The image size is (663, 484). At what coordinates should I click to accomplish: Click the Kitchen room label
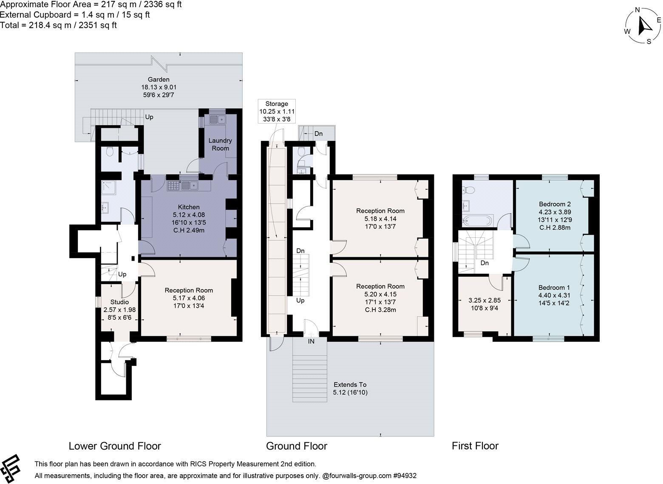(189, 207)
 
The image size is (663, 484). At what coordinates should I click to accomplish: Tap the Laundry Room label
(220, 144)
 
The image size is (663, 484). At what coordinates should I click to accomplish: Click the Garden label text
(159, 79)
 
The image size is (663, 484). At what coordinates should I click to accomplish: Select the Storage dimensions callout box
(277, 111)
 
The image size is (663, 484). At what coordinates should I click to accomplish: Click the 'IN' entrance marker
(311, 341)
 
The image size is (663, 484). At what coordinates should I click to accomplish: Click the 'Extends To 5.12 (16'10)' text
(350, 388)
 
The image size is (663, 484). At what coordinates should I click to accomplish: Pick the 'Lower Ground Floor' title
(115, 446)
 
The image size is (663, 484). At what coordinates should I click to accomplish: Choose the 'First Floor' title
(475, 446)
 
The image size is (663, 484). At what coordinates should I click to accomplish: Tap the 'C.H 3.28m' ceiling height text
(380, 310)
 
